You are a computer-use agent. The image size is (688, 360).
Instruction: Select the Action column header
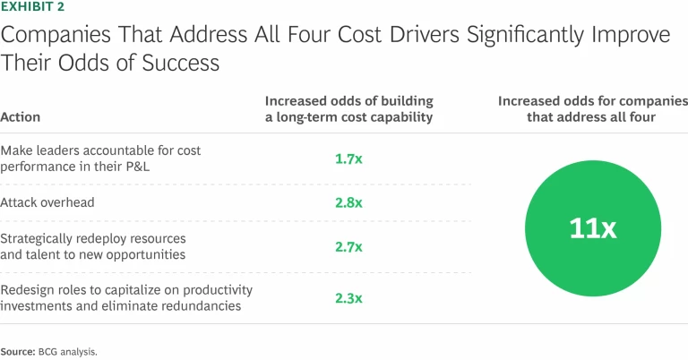point(20,117)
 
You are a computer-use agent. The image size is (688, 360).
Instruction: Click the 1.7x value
point(348,159)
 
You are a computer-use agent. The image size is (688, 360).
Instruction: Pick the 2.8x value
point(348,202)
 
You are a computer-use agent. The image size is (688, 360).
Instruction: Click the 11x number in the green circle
point(593,227)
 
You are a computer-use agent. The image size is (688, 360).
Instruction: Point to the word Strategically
point(39,239)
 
